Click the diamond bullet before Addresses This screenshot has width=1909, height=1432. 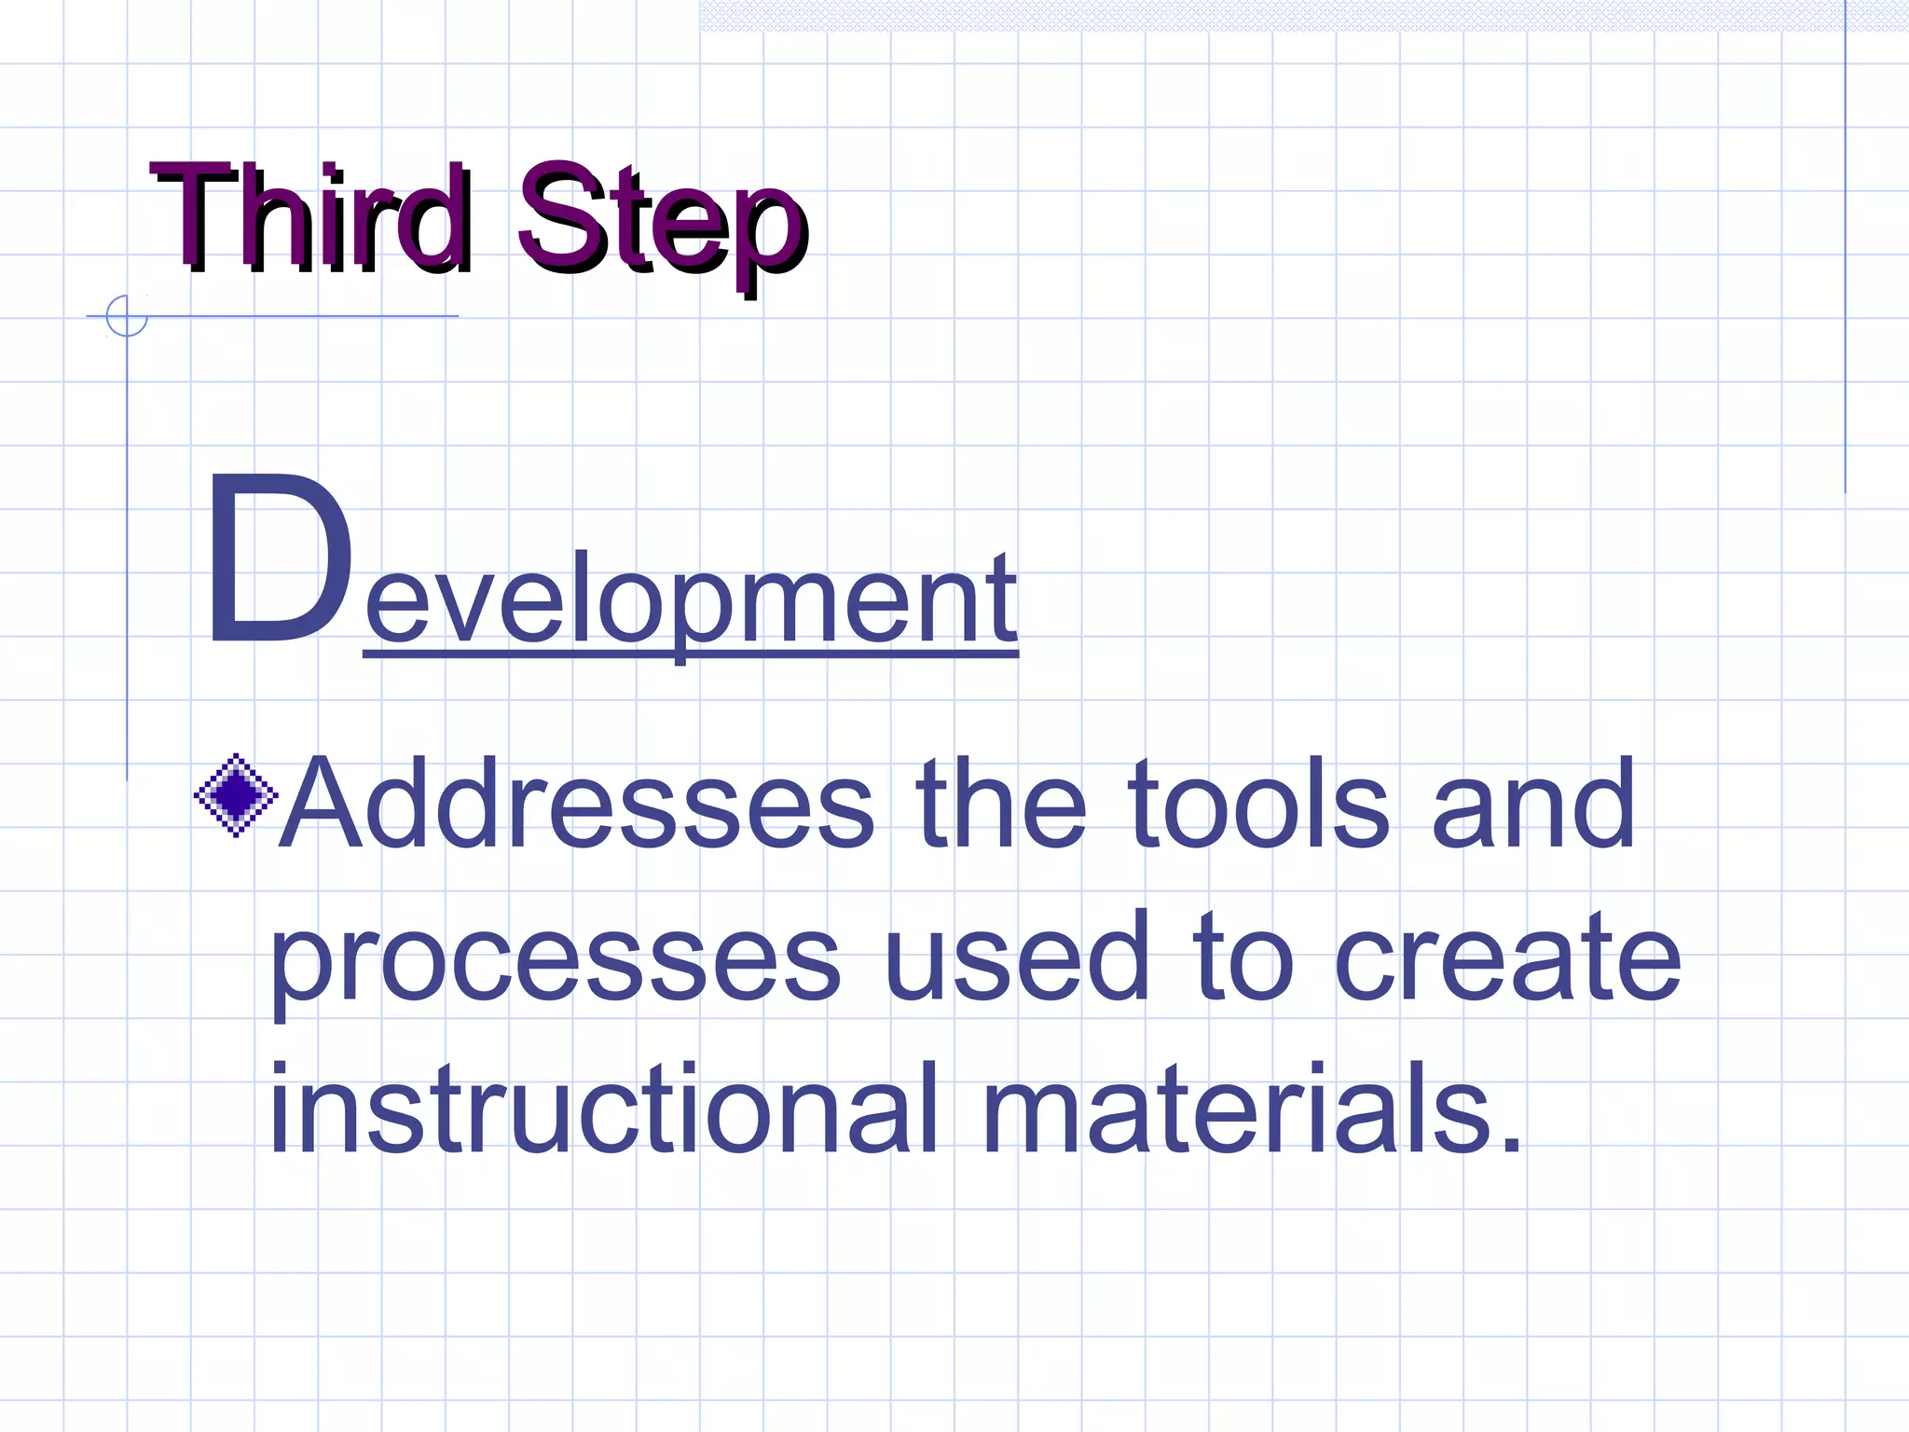click(236, 795)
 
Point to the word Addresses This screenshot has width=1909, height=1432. click(577, 805)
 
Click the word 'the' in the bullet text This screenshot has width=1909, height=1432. click(1001, 803)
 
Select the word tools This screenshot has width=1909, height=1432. click(1259, 805)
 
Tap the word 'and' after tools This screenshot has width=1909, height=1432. click(1533, 805)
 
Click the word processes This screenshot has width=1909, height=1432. click(556, 960)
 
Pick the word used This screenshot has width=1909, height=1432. click(1017, 956)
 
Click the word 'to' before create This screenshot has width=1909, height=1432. click(1243, 956)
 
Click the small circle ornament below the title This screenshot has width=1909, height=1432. click(127, 316)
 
